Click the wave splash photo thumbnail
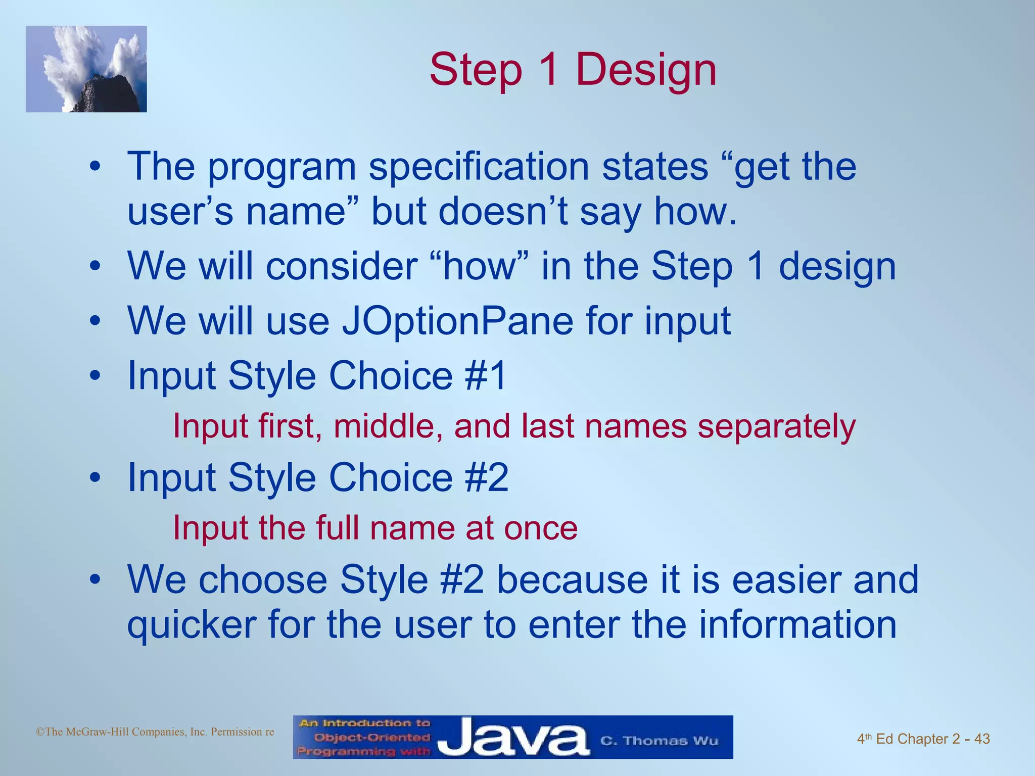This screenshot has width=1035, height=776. pos(86,69)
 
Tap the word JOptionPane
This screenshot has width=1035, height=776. pos(457,321)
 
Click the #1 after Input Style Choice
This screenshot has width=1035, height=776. pos(485,376)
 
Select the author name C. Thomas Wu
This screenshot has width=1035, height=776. pos(659,741)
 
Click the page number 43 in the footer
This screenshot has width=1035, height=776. pos(981,739)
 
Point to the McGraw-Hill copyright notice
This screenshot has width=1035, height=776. pos(155,732)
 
